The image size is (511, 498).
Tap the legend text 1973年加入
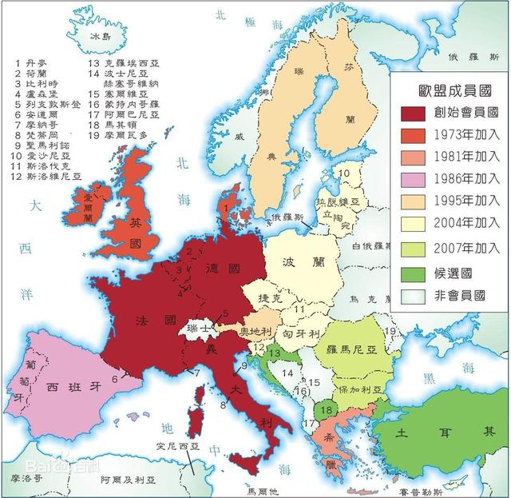click(x=462, y=134)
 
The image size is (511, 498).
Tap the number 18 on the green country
click(x=324, y=411)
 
